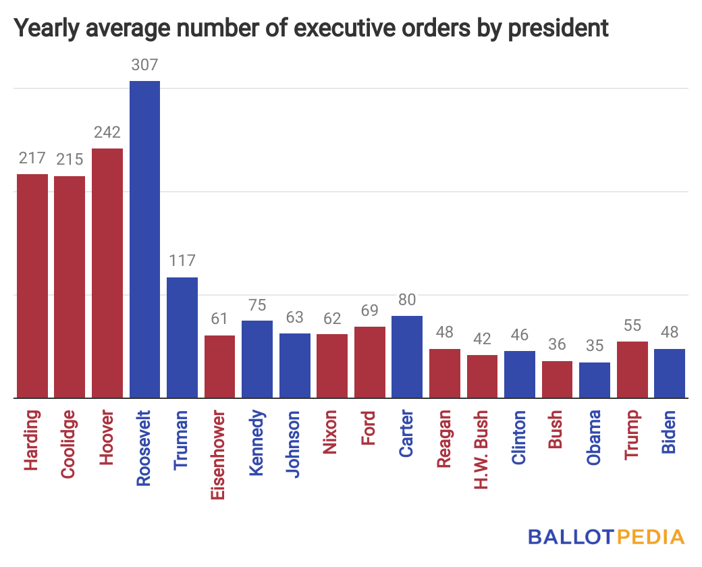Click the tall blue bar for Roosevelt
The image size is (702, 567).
click(144, 240)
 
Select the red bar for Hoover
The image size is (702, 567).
click(107, 273)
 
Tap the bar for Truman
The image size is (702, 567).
click(182, 337)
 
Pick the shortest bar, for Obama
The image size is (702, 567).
click(595, 381)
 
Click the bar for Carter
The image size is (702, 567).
click(407, 357)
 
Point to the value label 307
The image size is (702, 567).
click(144, 65)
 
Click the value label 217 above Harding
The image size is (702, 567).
click(32, 159)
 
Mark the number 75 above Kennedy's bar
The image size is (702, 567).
click(257, 305)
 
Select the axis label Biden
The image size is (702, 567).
click(669, 432)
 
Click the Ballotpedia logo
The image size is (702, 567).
click(606, 537)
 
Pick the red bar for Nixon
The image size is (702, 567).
click(332, 366)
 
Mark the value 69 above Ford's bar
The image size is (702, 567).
click(369, 311)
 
